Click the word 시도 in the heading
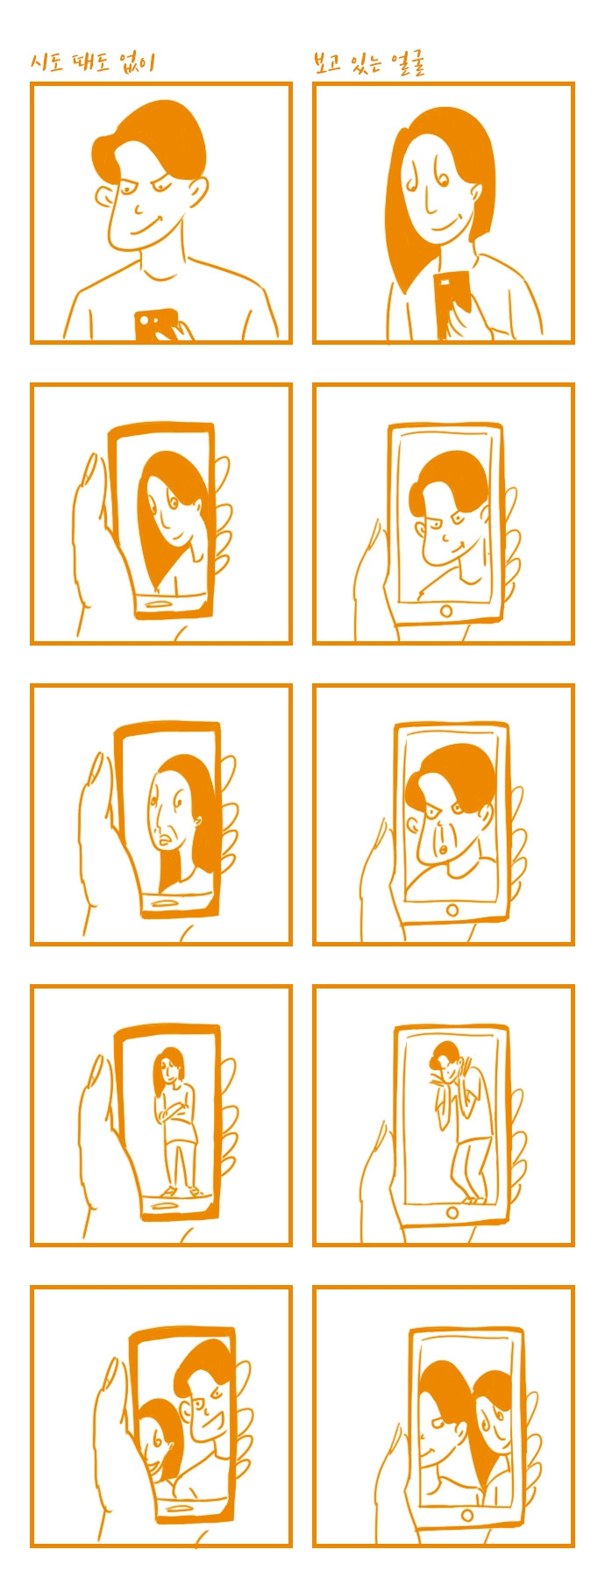(x=46, y=62)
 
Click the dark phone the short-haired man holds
(x=156, y=324)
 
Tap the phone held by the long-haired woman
(x=452, y=303)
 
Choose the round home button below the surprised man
(x=452, y=910)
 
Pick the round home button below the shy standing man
(x=452, y=1212)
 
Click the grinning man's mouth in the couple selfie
(x=203, y=1416)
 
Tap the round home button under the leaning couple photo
(x=468, y=1515)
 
